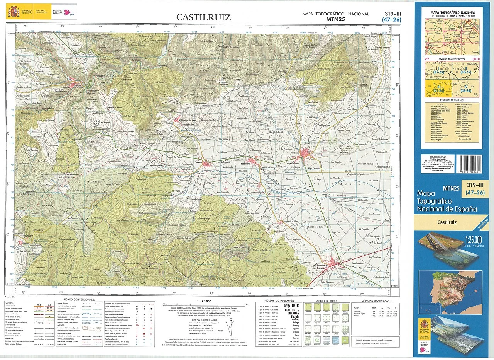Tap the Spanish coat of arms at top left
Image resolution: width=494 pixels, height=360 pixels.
coord(14,12)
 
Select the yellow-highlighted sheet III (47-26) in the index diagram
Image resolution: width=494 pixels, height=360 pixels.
coord(435,88)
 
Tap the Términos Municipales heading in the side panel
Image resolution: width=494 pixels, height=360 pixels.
coord(451,100)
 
